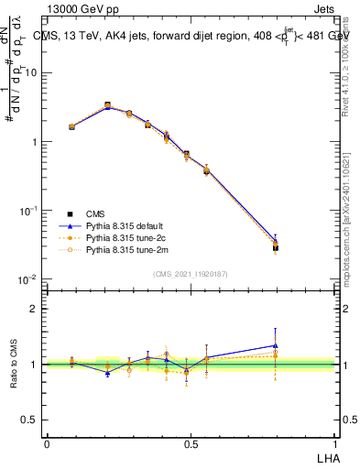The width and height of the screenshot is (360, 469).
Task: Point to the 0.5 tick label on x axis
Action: [x=190, y=442]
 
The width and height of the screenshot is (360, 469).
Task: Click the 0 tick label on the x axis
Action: [x=47, y=442]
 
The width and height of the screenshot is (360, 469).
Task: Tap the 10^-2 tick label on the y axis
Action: [x=27, y=279]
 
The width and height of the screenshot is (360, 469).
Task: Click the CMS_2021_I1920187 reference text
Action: [x=190, y=272]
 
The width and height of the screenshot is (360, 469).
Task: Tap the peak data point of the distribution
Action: [x=108, y=106]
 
